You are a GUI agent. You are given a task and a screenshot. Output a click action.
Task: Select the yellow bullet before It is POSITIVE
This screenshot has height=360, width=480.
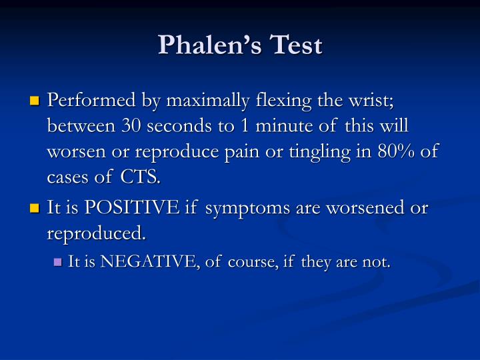click(35, 209)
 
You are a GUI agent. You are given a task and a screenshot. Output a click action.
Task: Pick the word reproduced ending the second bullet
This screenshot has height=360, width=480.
click(95, 233)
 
